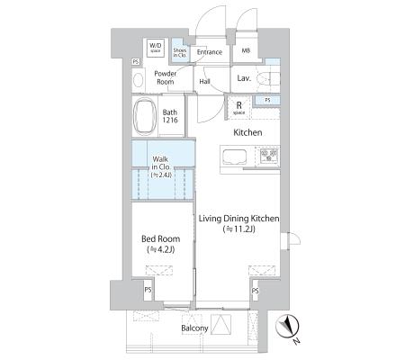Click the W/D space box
156,49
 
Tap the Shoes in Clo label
179,53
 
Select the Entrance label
210,52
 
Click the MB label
246,50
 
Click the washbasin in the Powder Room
138,80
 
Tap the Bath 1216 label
170,116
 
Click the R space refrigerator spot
239,108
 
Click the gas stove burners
269,156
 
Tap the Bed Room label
161,239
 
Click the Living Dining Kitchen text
239,219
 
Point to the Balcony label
194,328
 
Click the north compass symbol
287,328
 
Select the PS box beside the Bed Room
148,290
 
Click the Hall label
204,81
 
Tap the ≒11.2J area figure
239,229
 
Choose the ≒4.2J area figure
161,249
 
